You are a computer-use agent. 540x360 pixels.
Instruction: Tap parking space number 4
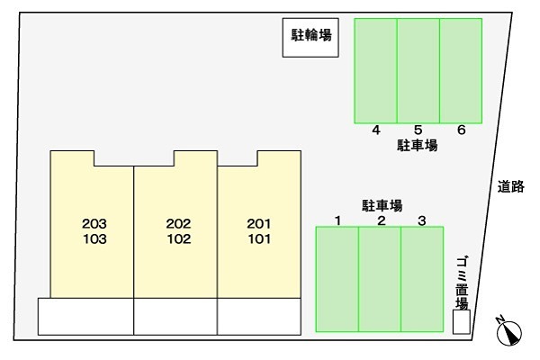point(375,69)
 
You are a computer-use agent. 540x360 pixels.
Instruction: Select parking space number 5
point(418,69)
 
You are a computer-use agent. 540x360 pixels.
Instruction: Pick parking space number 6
point(461,69)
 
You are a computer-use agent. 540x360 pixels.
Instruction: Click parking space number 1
point(337,278)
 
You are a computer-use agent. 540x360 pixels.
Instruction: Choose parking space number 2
point(380,278)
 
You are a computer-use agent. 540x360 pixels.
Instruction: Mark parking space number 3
point(422,278)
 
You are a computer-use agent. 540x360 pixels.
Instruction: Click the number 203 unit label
point(94,223)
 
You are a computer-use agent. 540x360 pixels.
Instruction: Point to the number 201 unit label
point(259,223)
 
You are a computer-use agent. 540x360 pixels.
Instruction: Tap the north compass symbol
point(508,332)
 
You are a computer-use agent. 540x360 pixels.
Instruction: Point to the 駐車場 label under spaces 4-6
point(418,144)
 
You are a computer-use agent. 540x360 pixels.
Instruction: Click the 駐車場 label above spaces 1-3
point(382,205)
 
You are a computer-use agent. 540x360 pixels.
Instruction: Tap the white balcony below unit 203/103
point(85,316)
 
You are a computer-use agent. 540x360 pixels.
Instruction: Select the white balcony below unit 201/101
point(258,316)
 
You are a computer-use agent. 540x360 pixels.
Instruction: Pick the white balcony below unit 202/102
point(175,316)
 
